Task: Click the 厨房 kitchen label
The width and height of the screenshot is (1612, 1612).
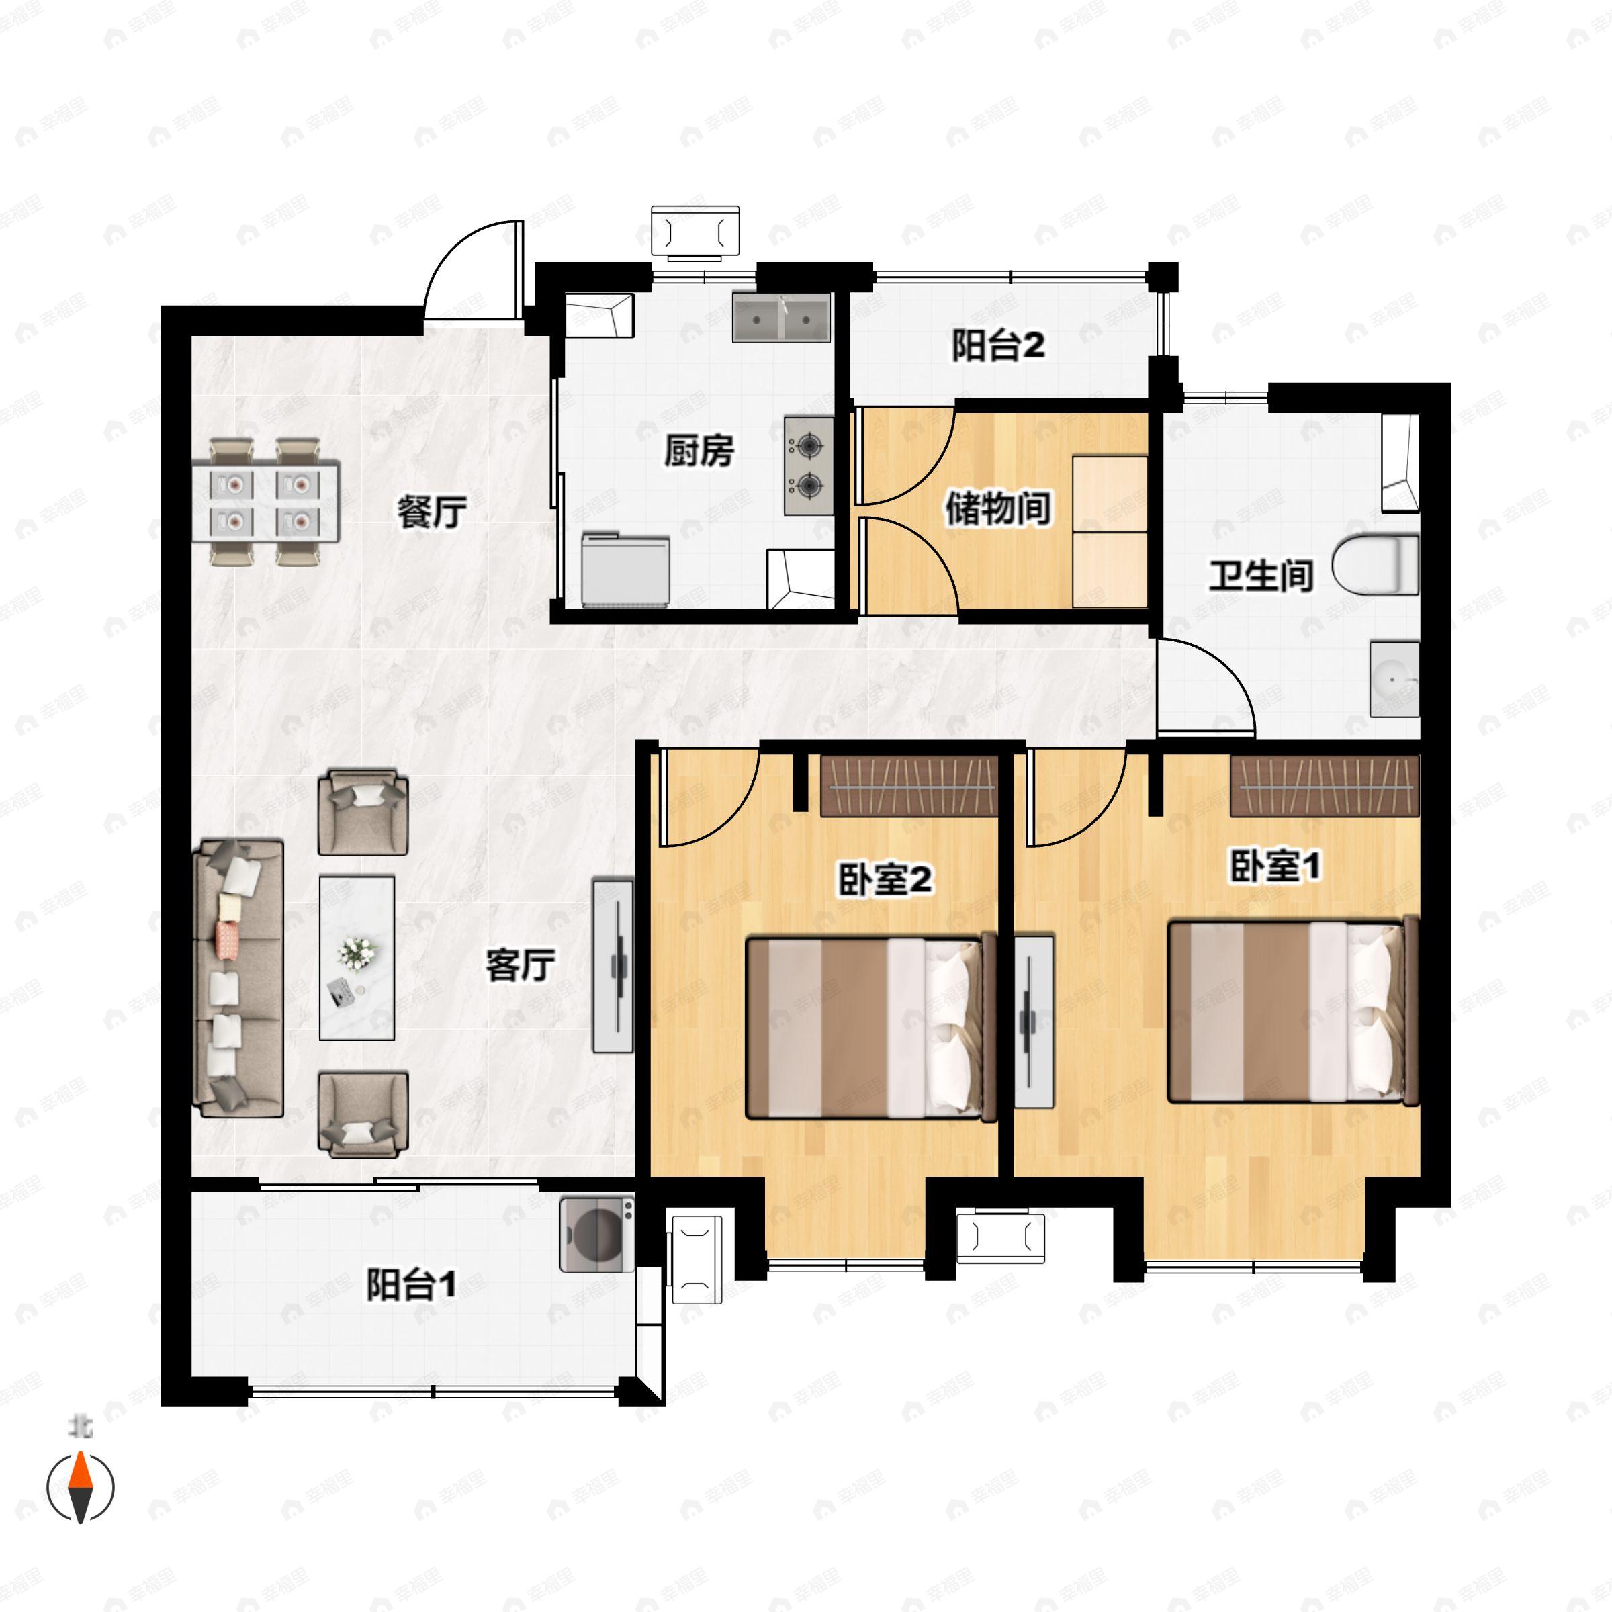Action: pyautogui.click(x=699, y=451)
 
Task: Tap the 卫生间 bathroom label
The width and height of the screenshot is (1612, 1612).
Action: pyautogui.click(x=1261, y=575)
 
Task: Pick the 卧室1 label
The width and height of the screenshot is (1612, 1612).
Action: pyautogui.click(x=1275, y=866)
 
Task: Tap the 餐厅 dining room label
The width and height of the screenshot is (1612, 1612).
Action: pyautogui.click(x=431, y=511)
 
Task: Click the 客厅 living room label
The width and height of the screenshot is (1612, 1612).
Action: pyautogui.click(x=521, y=965)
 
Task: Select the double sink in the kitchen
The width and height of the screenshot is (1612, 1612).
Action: pyautogui.click(x=782, y=316)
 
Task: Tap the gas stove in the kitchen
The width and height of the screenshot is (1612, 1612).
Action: pyautogui.click(x=807, y=465)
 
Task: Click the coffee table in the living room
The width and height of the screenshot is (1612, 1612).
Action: pyautogui.click(x=357, y=957)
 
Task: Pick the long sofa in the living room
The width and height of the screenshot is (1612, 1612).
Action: pyautogui.click(x=238, y=979)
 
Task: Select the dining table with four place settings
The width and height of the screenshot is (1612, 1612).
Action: pyautogui.click(x=267, y=500)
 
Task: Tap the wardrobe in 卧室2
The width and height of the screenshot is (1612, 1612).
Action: pyautogui.click(x=909, y=785)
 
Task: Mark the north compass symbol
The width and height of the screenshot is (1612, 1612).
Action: pyautogui.click(x=80, y=1486)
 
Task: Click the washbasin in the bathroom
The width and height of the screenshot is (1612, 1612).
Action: pyautogui.click(x=1394, y=679)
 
